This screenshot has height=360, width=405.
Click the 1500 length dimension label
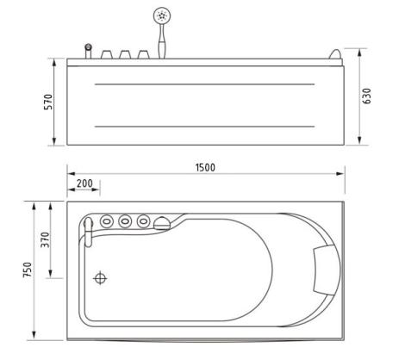point(205,168)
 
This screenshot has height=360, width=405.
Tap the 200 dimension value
point(84,183)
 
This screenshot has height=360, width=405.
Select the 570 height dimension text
point(48,102)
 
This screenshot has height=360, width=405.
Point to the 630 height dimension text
point(366,96)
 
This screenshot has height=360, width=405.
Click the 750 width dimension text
point(28,270)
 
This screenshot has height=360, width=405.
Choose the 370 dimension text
point(45,239)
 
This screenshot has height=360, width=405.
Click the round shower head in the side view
point(162,15)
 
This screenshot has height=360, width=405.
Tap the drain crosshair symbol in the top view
point(100,278)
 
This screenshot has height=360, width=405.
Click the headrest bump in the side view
point(335,54)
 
